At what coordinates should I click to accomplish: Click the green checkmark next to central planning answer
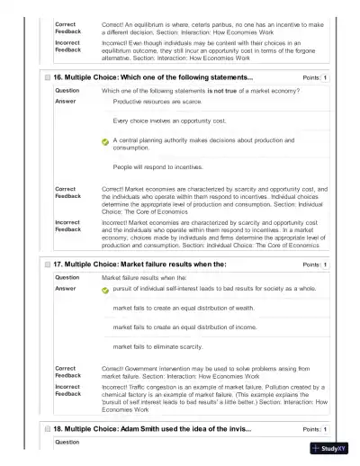[105, 142]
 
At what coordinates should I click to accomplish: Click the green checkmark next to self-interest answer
[105, 290]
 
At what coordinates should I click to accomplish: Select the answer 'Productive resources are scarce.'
[158, 103]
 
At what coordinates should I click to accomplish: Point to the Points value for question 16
[325, 78]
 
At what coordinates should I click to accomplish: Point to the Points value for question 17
[325, 264]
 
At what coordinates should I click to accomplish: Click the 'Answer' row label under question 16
[66, 102]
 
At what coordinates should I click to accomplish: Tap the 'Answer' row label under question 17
[66, 289]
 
